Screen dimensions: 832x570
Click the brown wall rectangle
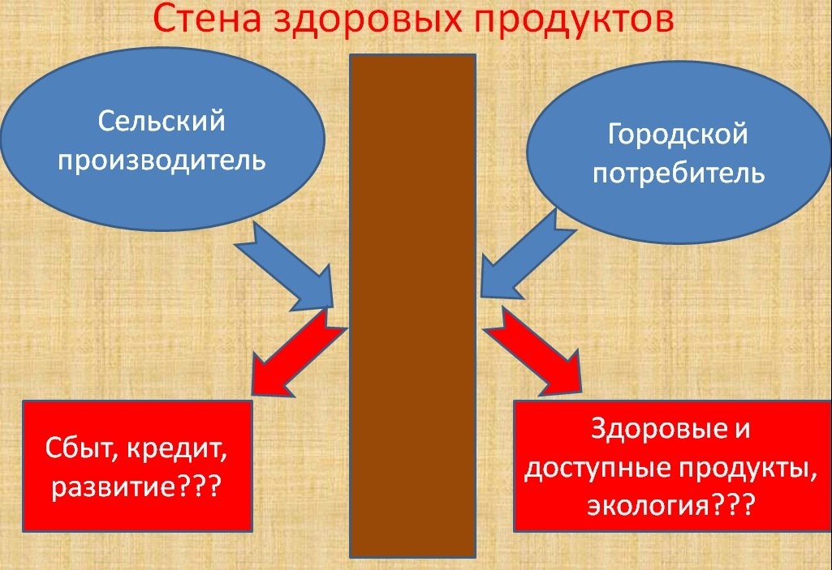pos(412,306)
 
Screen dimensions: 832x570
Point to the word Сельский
pos(162,122)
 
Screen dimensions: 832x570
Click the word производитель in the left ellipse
pos(162,159)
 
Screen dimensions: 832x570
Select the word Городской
pos(678,134)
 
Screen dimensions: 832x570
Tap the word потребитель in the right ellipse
pos(679,173)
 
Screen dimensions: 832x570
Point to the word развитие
pos(114,486)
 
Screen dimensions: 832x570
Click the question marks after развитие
pos(197,486)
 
